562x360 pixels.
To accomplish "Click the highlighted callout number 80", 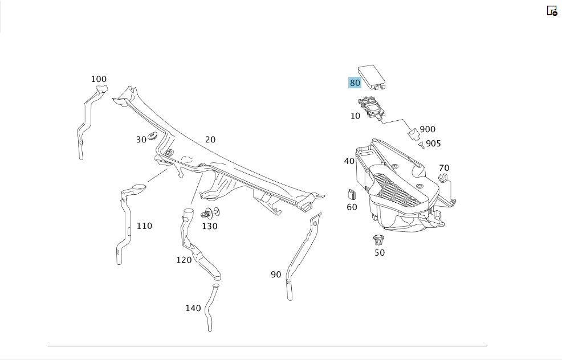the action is pyautogui.click(x=355, y=83).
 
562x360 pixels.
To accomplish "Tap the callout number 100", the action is pyautogui.click(x=99, y=79).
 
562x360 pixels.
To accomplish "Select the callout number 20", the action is pyautogui.click(x=210, y=140).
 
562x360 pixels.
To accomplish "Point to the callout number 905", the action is pyautogui.click(x=433, y=144).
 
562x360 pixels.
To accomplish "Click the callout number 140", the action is pyautogui.click(x=193, y=308).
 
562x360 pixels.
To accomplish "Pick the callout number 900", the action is pyautogui.click(x=427, y=129).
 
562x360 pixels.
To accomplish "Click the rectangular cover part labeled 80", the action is pyautogui.click(x=372, y=77).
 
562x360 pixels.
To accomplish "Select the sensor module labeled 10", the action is pyautogui.click(x=371, y=108).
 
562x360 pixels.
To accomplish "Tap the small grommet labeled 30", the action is pyautogui.click(x=153, y=136).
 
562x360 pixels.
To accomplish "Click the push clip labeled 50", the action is pyautogui.click(x=378, y=240).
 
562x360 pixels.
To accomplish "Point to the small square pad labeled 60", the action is pyautogui.click(x=351, y=194).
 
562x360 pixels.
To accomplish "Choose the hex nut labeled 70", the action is pyautogui.click(x=443, y=178).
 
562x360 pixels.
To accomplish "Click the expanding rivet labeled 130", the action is pyautogui.click(x=210, y=213).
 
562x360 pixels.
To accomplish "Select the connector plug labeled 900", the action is pyautogui.click(x=414, y=134).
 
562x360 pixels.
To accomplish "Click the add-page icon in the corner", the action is pyautogui.click(x=552, y=11).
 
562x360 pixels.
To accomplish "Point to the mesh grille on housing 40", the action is pyautogui.click(x=397, y=190).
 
